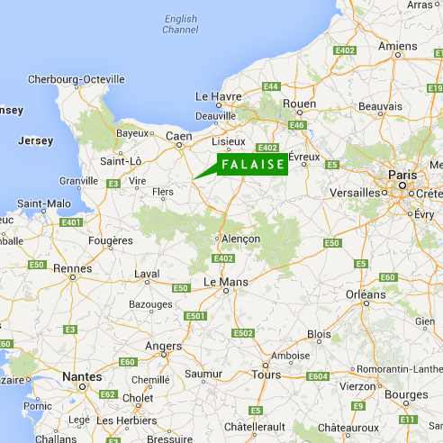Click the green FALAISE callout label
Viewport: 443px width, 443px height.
[252, 165]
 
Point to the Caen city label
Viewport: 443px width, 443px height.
[179, 137]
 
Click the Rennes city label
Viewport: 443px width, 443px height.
[72, 268]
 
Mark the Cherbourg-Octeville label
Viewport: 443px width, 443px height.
[76, 79]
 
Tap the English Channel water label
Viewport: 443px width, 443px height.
[180, 24]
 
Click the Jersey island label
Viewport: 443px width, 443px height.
[35, 141]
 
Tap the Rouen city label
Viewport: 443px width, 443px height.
[299, 104]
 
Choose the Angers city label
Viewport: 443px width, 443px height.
[162, 346]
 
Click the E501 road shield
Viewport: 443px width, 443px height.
[194, 316]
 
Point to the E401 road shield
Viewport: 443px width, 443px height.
[71, 222]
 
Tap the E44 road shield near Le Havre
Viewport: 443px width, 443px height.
[270, 86]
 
